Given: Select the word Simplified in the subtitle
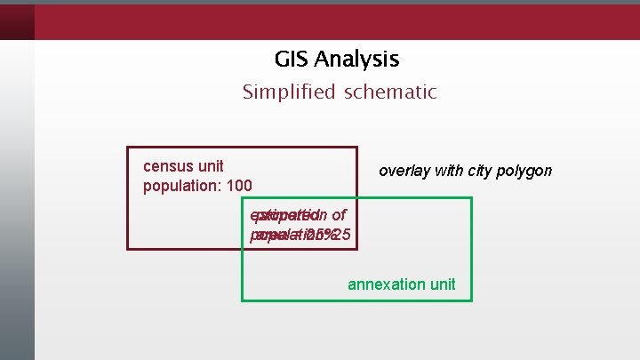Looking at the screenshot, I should click(x=285, y=92).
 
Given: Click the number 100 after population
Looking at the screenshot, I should click(x=239, y=186).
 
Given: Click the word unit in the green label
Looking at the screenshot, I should click(x=441, y=284).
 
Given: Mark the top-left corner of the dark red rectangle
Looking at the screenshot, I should click(x=128, y=148).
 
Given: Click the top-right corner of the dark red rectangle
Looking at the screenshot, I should click(x=356, y=148).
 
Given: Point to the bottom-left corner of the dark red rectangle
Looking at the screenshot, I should click(x=128, y=249).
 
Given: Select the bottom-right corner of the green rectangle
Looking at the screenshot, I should click(x=471, y=300).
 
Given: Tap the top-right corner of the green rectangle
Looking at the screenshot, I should click(x=471, y=198).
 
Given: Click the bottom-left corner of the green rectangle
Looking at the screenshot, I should click(x=243, y=300).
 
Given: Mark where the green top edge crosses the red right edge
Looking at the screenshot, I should click(x=356, y=198).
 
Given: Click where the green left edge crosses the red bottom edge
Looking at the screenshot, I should click(x=243, y=249).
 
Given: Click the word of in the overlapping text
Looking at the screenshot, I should click(x=338, y=215).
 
